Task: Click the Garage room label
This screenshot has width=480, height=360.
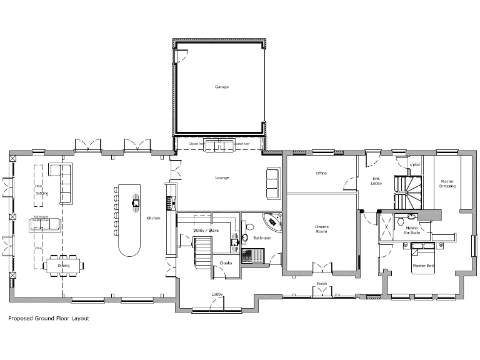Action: (x=221, y=87)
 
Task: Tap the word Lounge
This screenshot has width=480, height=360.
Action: (x=222, y=177)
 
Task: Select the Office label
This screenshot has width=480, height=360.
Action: (x=321, y=173)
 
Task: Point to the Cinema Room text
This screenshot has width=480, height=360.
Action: (x=321, y=229)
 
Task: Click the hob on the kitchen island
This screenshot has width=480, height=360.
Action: (x=135, y=202)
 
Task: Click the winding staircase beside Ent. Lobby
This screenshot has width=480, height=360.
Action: (x=407, y=189)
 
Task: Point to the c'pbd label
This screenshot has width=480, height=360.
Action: (x=413, y=165)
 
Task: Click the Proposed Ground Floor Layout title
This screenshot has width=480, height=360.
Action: (x=48, y=318)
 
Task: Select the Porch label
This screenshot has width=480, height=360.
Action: (x=321, y=283)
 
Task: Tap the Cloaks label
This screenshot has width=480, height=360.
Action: (x=226, y=262)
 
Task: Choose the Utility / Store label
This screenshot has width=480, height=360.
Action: (x=206, y=231)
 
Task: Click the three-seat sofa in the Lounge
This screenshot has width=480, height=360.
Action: (x=274, y=183)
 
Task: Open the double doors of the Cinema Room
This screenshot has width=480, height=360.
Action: (x=321, y=269)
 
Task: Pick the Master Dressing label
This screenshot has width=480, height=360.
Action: (x=447, y=184)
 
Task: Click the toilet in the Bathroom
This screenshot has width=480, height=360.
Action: (x=249, y=229)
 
